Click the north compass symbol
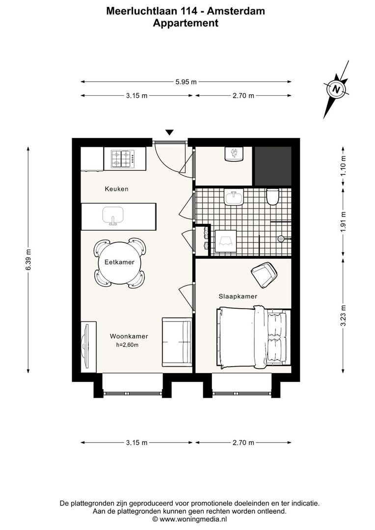coord(336,89)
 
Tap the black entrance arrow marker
coord(169,132)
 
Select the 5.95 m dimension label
coord(186,82)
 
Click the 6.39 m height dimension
coord(28,259)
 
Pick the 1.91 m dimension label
coord(344,221)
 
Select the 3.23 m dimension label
coord(344,316)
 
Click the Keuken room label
coord(116,189)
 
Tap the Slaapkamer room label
coord(238,296)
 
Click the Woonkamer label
coord(129,336)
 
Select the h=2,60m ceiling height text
coord(128,345)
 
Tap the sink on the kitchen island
coord(112,215)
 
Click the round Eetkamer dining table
coord(119,263)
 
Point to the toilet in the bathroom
coord(272,197)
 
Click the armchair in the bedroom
coord(264,274)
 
